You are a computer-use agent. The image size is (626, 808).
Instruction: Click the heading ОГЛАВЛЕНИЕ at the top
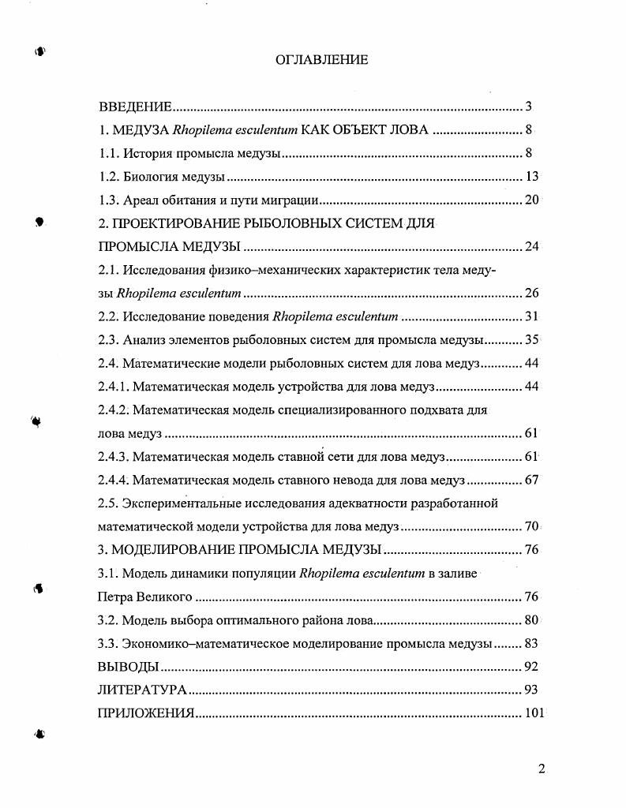321,60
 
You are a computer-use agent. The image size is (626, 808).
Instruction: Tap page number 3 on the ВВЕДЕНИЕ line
529,107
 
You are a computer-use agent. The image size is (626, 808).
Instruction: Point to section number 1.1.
108,153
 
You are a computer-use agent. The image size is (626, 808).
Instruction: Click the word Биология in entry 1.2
150,177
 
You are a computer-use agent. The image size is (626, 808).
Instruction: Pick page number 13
531,177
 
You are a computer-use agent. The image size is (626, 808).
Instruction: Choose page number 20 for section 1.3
531,200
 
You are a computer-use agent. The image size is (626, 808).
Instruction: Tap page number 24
531,247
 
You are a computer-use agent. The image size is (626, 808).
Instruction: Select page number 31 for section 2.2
531,317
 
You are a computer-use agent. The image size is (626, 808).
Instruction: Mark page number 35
531,340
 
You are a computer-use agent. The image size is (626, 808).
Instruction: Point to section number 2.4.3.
113,457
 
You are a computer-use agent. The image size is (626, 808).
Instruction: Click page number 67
531,481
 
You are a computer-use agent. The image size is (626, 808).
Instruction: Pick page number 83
531,644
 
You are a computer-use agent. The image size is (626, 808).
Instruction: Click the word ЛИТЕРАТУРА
142,690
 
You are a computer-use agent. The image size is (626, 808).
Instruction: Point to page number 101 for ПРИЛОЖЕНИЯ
534,714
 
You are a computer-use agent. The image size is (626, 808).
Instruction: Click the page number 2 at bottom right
542,770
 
